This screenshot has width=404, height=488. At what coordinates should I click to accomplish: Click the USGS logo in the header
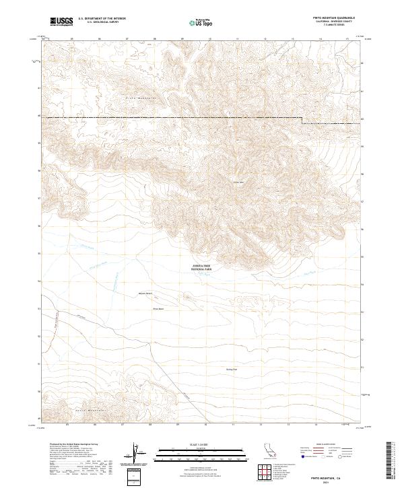61,22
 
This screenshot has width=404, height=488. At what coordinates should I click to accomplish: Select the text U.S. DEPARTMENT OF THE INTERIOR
101,19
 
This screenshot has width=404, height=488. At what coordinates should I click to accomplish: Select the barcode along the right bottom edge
394,461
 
